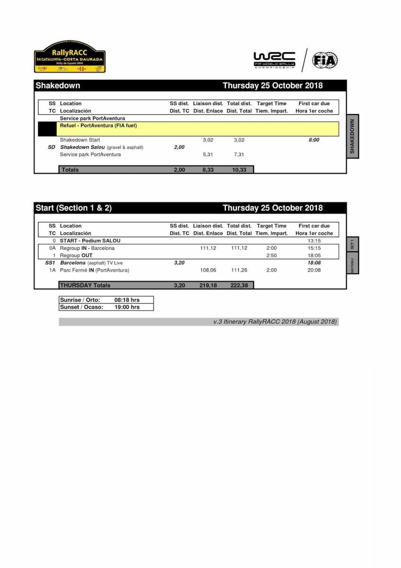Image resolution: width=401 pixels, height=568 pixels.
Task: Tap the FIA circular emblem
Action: click(325, 61)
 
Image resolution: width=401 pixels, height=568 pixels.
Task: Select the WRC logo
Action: click(274, 60)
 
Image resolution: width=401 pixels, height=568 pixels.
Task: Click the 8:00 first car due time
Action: click(314, 140)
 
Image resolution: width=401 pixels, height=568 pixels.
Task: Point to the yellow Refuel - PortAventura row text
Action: click(98, 126)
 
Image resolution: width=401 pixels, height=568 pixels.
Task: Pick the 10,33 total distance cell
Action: click(239, 170)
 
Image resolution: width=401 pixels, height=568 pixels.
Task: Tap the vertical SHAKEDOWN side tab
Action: click(352, 136)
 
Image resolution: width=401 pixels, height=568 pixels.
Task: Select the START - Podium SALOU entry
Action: click(90, 241)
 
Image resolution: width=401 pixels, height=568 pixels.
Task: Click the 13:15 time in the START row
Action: click(314, 241)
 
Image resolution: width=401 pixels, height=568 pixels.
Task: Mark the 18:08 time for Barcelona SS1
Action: click(314, 263)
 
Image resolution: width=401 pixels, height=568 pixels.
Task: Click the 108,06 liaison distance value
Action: click(208, 270)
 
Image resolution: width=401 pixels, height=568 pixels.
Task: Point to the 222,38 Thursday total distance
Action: click(239, 285)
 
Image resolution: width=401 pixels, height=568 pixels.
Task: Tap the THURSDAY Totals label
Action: click(85, 285)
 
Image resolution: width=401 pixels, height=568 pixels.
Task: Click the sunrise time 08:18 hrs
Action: click(127, 300)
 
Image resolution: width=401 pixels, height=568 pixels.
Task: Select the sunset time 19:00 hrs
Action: click(127, 307)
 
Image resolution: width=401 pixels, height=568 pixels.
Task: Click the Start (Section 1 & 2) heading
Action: click(74, 208)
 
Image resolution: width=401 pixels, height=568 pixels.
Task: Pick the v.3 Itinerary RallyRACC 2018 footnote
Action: click(275, 322)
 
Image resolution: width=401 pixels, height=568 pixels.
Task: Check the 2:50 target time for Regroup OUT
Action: click(271, 256)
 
